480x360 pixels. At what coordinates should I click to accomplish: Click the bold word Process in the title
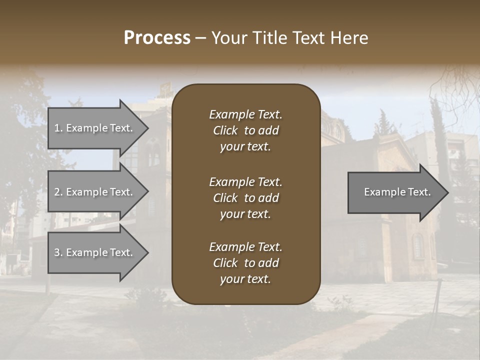(157, 38)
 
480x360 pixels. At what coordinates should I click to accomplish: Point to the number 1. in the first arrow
(58, 128)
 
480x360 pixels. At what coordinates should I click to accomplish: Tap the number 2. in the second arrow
(58, 192)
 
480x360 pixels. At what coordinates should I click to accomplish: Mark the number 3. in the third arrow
(58, 252)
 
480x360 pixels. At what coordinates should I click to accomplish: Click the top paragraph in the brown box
(245, 130)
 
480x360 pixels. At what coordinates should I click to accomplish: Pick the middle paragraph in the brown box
(245, 197)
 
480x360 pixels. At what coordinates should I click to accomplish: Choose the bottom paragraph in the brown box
(245, 263)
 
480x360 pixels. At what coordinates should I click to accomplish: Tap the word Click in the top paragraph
(225, 130)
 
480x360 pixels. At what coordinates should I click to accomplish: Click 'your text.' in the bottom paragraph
(245, 279)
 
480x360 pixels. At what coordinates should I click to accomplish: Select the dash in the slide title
(201, 38)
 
